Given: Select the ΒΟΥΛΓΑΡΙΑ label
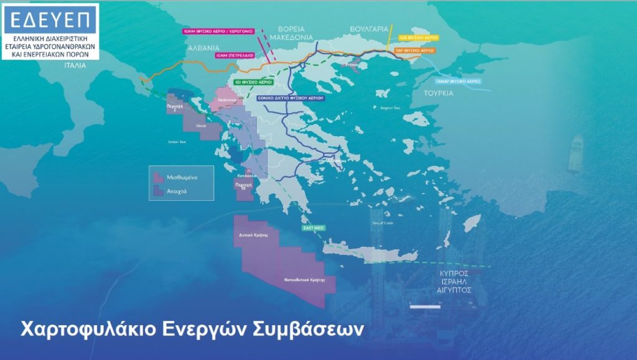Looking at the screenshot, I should [x=369, y=29].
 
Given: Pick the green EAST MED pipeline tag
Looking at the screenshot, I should [x=314, y=229].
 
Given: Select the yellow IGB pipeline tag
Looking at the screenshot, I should [x=416, y=37].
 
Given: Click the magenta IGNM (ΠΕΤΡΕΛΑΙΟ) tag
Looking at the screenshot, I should [x=235, y=55].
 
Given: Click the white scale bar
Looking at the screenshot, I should [x=425, y=306].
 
